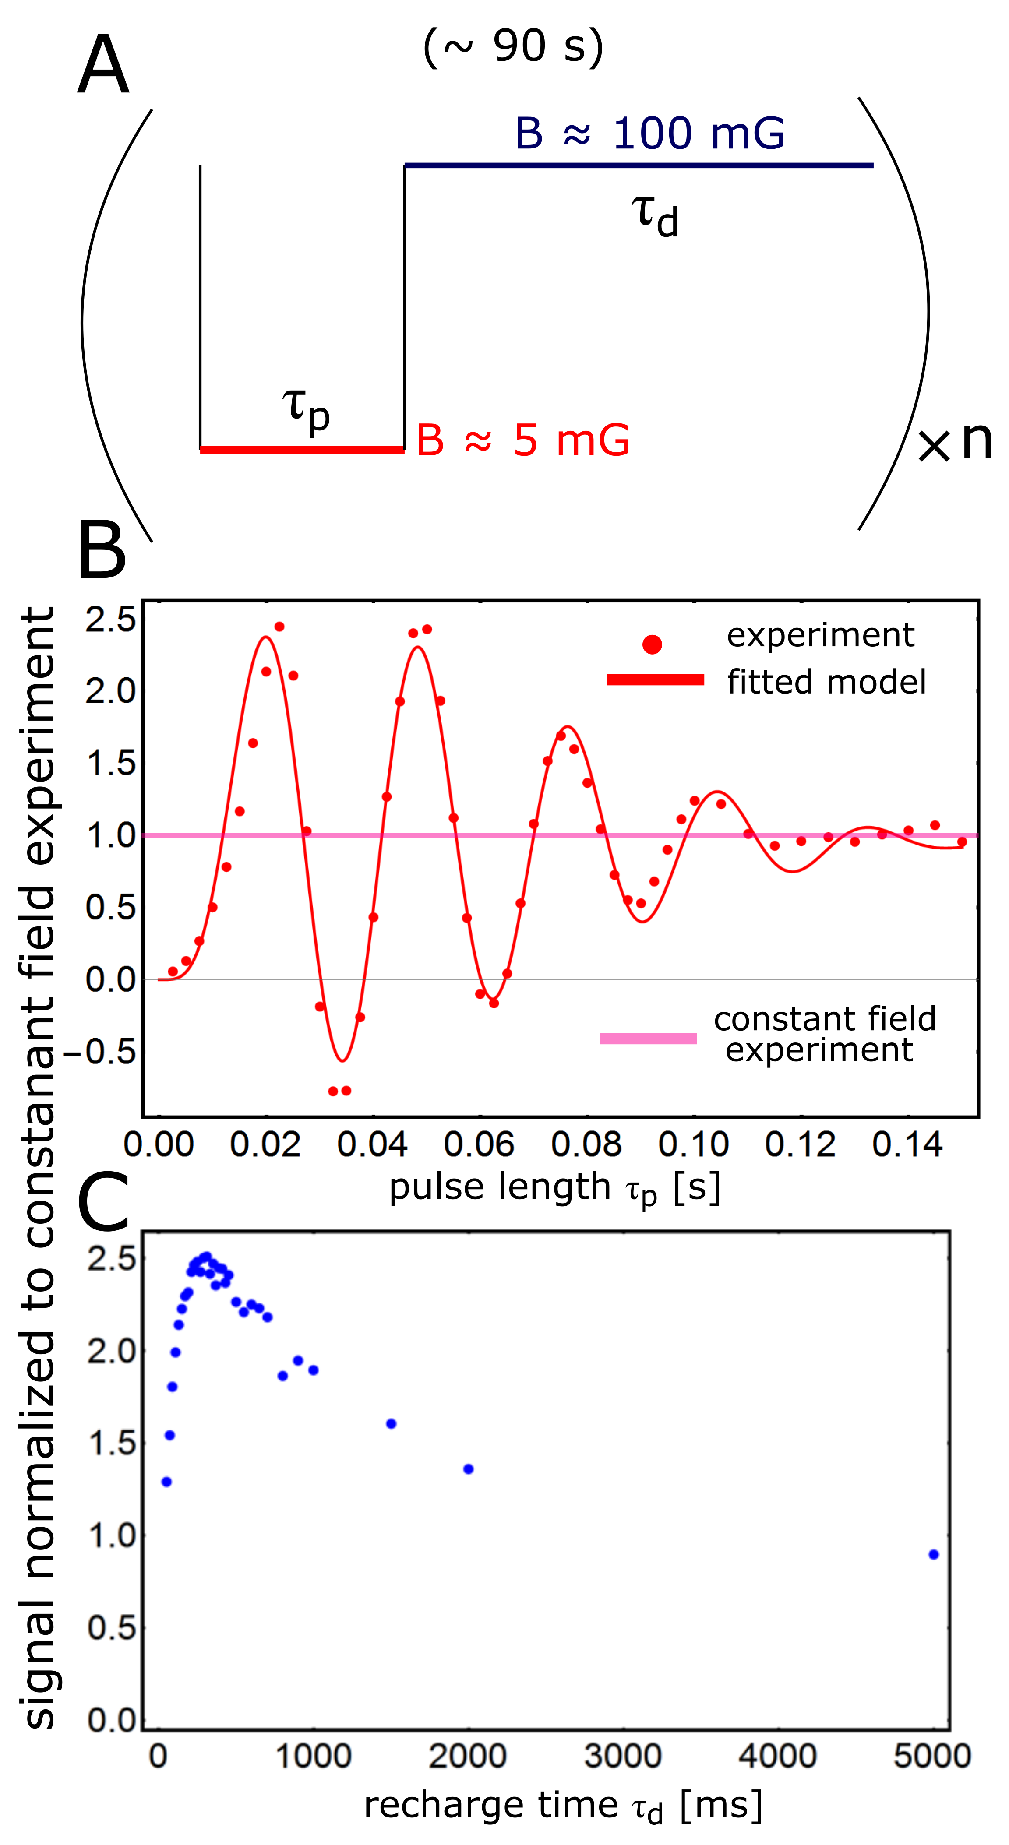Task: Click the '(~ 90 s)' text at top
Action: tap(513, 47)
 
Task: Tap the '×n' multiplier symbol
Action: tap(955, 443)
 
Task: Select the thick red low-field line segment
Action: tap(302, 450)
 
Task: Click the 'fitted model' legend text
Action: tap(826, 682)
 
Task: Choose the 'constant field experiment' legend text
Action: tap(824, 1034)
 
